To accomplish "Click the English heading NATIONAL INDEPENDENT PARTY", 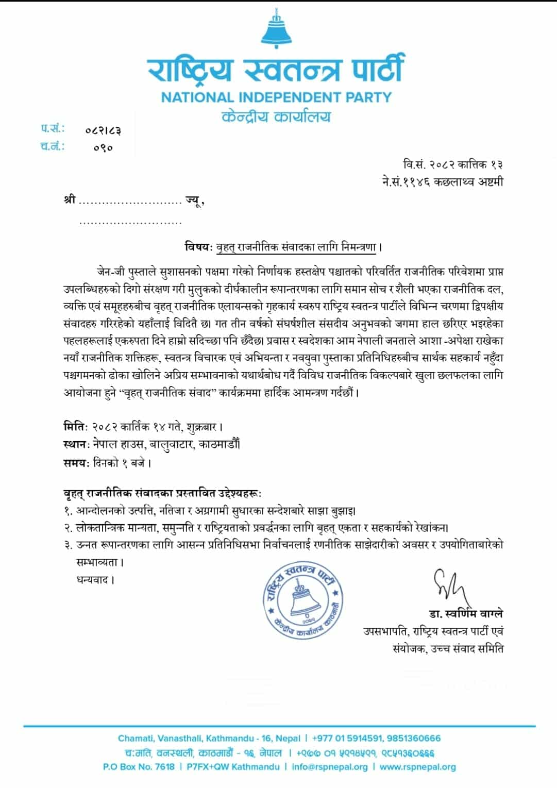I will click(276, 97).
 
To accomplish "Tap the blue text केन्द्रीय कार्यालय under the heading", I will click(276, 117).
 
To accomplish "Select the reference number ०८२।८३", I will click(103, 130).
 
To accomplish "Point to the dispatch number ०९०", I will click(103, 148).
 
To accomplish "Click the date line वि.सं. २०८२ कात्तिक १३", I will click(452, 164).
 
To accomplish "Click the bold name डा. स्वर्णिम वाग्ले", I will click(465, 614).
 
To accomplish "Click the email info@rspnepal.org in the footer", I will click(329, 766).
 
